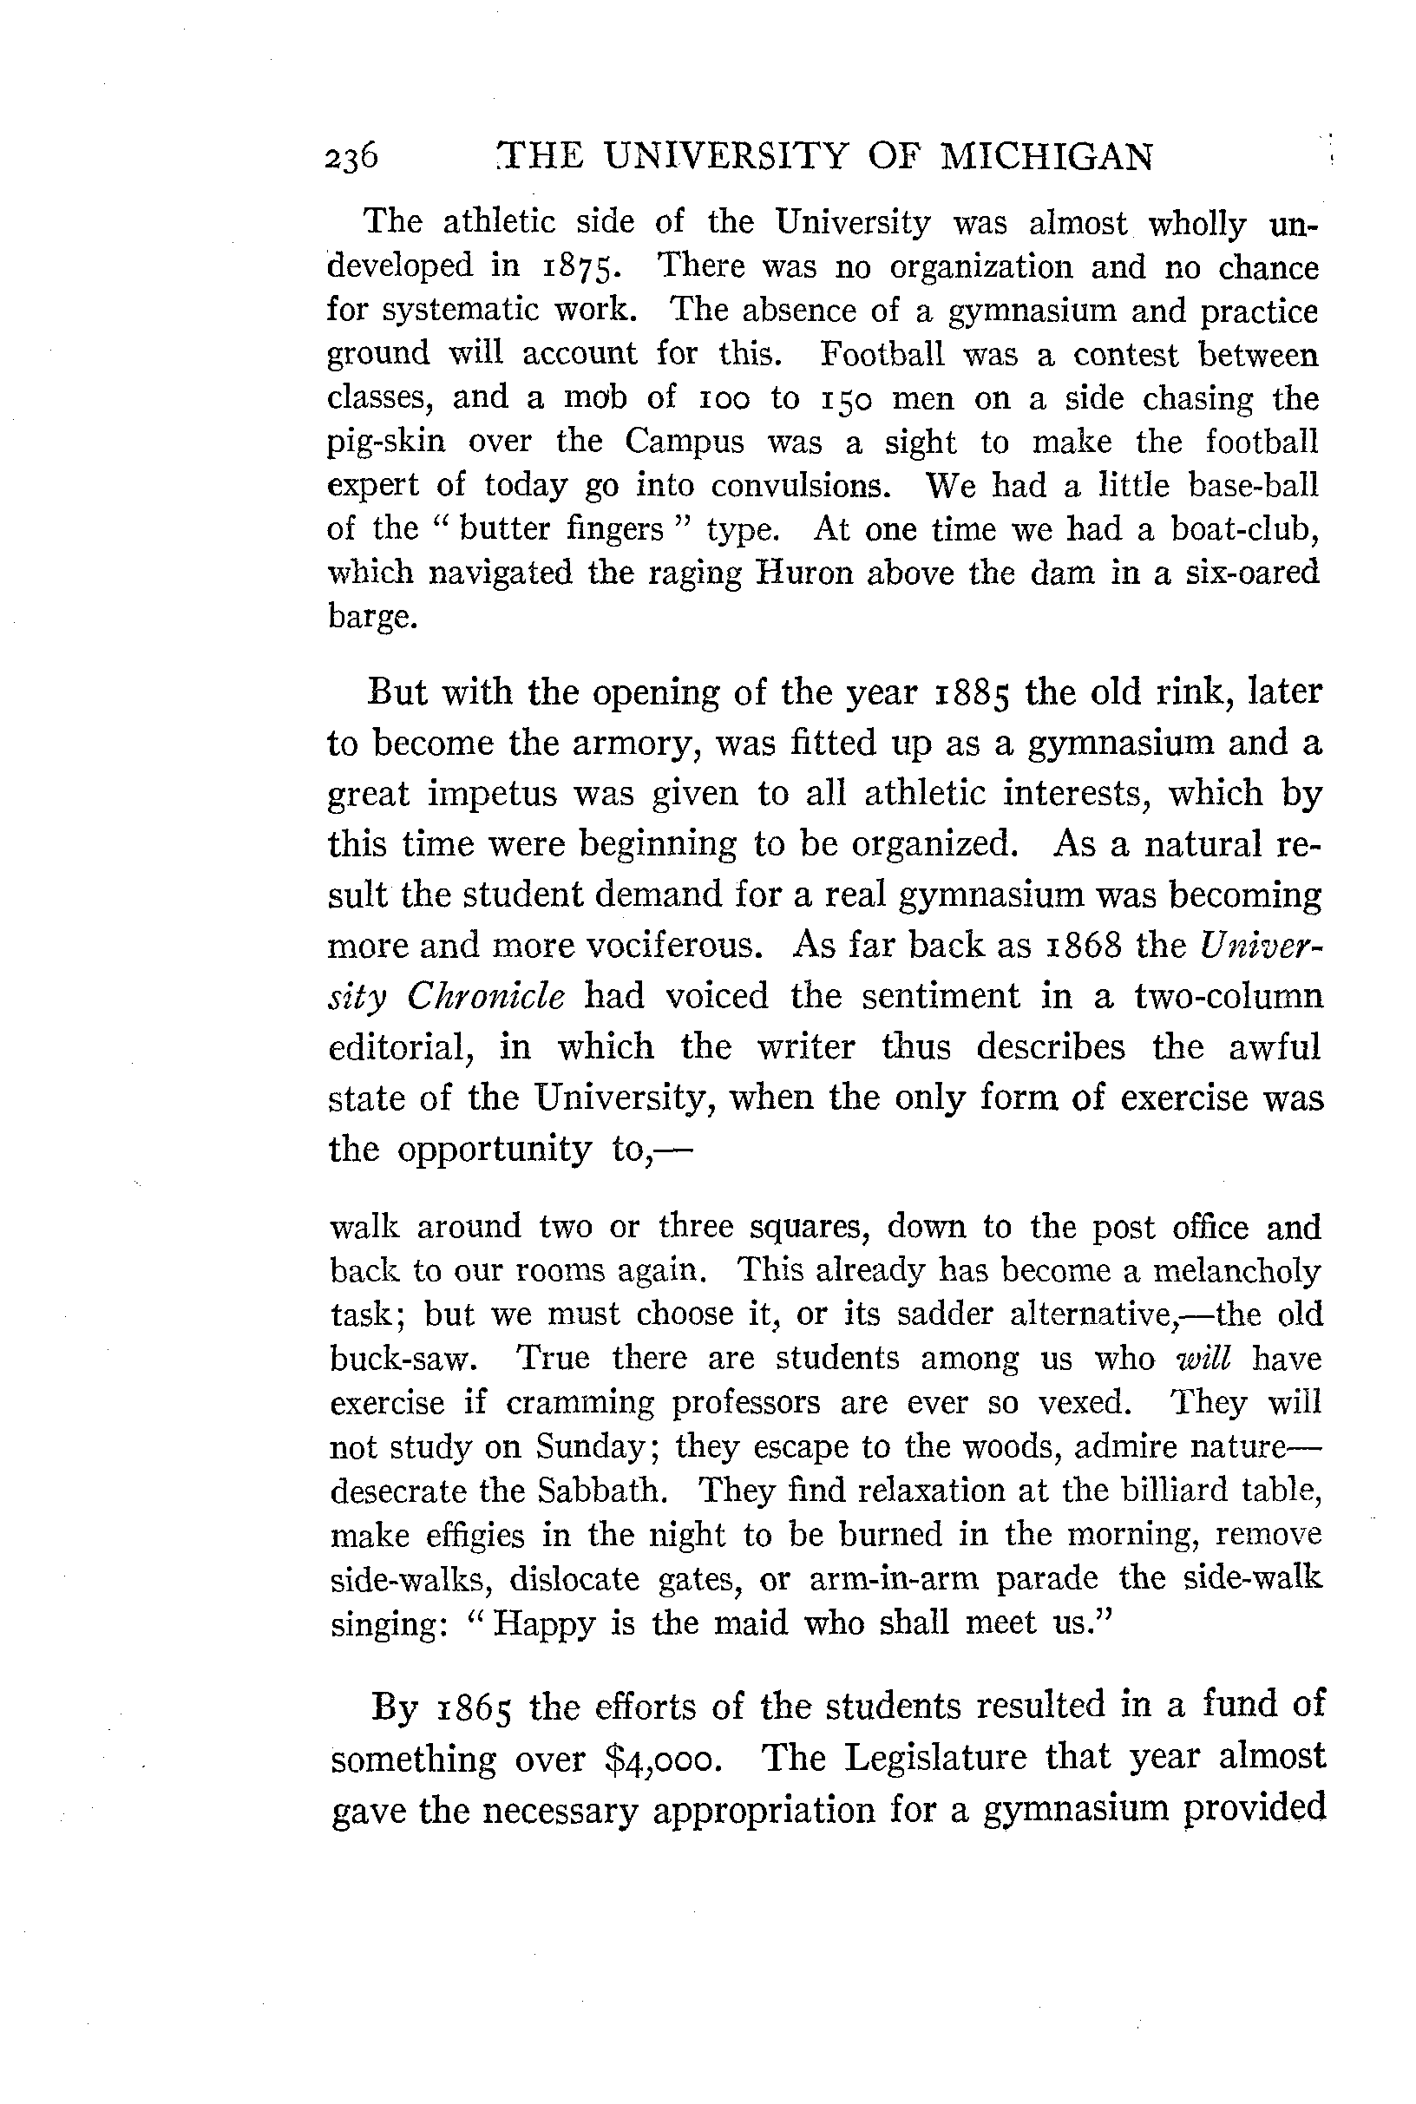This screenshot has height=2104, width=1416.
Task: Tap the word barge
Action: click(372, 618)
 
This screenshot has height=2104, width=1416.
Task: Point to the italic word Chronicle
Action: click(485, 996)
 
